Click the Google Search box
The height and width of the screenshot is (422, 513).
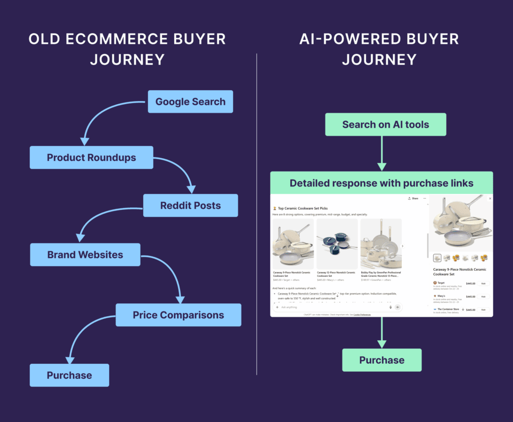click(x=190, y=101)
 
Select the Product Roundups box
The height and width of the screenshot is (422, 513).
click(x=91, y=158)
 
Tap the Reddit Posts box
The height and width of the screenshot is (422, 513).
click(x=190, y=205)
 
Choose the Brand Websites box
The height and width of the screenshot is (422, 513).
click(x=85, y=255)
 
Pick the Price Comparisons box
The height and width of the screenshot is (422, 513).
click(x=178, y=315)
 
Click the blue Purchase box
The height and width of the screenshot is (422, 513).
click(x=69, y=375)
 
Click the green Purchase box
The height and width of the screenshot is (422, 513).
click(x=382, y=360)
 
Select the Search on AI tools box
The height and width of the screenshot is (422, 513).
click(x=385, y=124)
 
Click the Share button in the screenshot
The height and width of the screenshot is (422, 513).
click(x=413, y=198)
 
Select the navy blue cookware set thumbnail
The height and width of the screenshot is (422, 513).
click(x=337, y=244)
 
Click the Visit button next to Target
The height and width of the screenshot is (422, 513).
click(x=483, y=284)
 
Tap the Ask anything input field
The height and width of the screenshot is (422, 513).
click(x=331, y=307)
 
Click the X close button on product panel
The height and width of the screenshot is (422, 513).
click(x=490, y=198)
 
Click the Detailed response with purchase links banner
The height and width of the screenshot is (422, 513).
click(x=382, y=183)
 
